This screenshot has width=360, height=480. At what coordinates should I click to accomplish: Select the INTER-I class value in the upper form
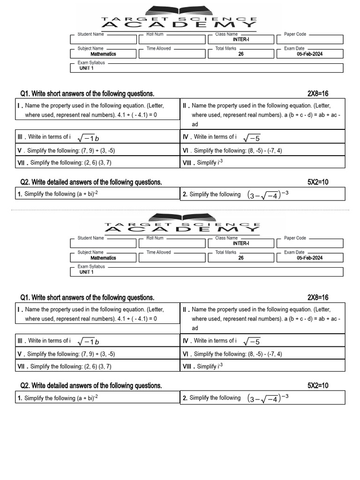pyautogui.click(x=241, y=40)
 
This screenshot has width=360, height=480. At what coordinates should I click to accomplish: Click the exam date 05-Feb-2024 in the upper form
pyautogui.click(x=309, y=54)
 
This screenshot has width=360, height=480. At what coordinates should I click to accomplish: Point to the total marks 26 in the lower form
pyautogui.click(x=241, y=258)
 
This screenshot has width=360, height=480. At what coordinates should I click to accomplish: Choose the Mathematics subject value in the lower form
pyautogui.click(x=103, y=258)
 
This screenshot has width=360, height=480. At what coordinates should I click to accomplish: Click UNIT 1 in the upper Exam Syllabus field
pyautogui.click(x=86, y=68)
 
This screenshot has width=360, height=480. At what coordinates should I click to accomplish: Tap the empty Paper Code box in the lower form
pyautogui.click(x=309, y=244)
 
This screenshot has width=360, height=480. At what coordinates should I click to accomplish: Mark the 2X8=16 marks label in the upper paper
pyautogui.click(x=318, y=94)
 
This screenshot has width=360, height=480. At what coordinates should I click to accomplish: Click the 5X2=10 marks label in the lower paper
pyautogui.click(x=318, y=386)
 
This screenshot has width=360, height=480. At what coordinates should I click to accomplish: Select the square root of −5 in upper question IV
pyautogui.click(x=252, y=137)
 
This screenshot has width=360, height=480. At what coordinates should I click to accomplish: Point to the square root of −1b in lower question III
pyautogui.click(x=88, y=341)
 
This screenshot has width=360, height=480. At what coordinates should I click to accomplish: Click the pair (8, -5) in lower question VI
pyautogui.click(x=243, y=354)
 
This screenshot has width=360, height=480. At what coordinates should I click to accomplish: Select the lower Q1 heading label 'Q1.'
pyautogui.click(x=25, y=298)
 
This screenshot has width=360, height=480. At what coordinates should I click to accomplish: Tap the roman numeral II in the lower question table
pyautogui.click(x=186, y=310)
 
